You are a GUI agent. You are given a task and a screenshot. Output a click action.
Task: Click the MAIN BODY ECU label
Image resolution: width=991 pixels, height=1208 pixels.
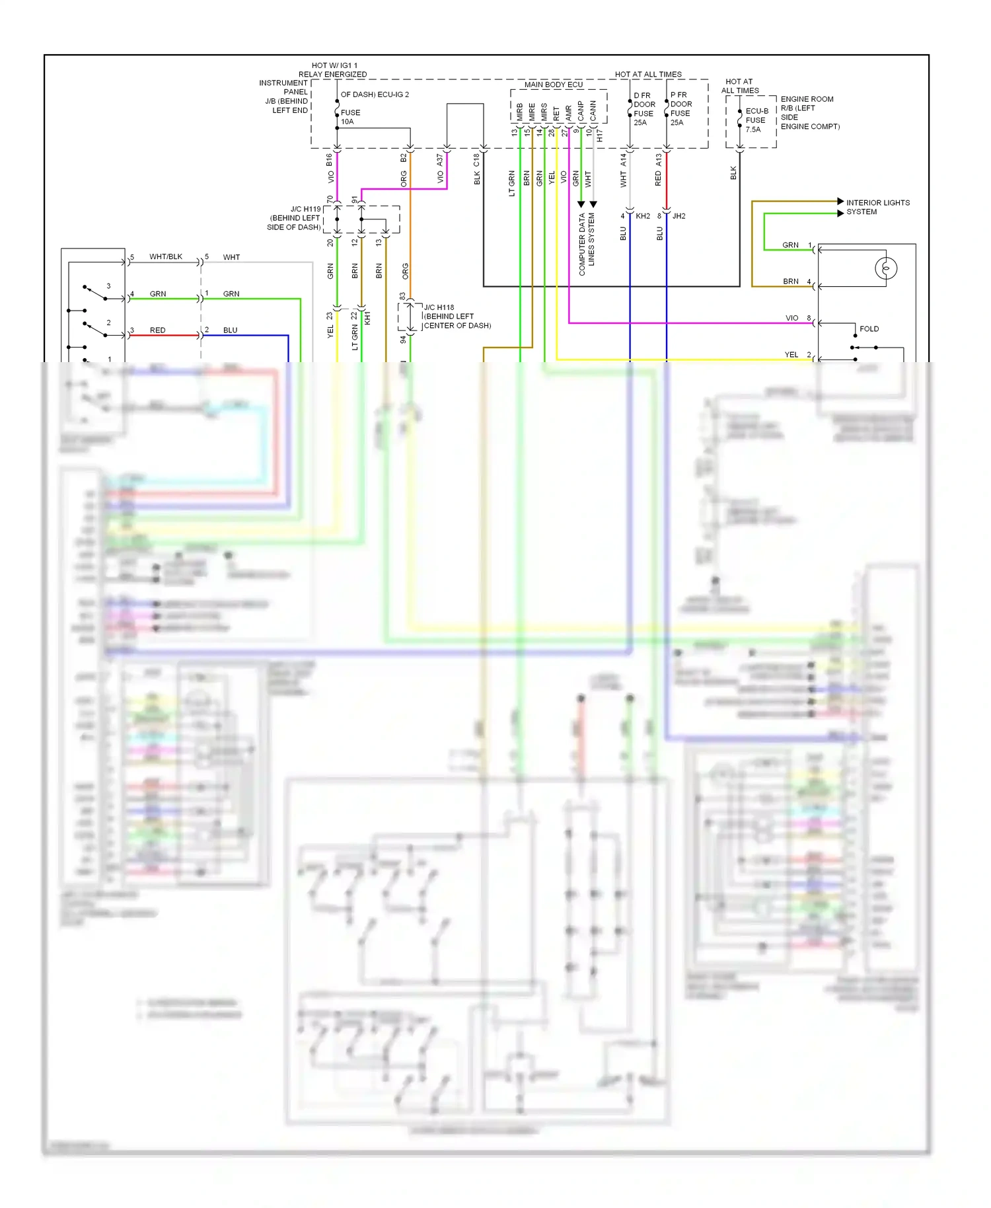coord(553,85)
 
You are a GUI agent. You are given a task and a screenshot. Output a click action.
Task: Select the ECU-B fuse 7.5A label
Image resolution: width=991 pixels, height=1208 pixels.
coord(755,120)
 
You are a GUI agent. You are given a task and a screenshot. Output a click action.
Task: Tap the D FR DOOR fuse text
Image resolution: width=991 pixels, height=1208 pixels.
coord(643,108)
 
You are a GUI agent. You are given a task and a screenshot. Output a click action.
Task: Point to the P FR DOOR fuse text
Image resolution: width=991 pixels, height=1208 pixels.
coord(680,108)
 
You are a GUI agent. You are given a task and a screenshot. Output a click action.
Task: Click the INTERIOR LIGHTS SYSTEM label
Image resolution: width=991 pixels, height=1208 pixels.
coord(877,207)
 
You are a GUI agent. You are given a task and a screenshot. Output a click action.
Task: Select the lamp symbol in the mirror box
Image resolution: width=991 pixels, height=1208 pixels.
coord(885,268)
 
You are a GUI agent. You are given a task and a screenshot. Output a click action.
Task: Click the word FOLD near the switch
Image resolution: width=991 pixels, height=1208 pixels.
coord(869,328)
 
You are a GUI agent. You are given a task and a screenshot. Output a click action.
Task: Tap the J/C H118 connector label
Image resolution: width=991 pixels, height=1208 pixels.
coord(457,317)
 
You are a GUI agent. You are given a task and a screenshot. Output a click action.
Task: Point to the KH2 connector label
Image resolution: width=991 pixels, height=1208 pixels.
coord(642,216)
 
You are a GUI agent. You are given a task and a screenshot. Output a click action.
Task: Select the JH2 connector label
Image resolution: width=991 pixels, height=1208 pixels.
coord(679,216)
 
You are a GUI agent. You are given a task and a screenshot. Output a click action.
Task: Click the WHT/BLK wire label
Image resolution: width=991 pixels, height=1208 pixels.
coord(165,256)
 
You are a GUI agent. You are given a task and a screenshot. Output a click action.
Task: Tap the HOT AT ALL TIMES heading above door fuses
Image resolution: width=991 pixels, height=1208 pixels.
coord(647,74)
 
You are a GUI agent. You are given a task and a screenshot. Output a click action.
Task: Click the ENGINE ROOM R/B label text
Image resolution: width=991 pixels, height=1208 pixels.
coord(809,112)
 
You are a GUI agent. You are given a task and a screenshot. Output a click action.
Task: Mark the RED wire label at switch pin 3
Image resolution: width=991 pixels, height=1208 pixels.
coord(157,330)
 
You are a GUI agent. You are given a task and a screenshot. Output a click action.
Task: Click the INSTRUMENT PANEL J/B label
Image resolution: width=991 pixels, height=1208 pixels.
coord(285,96)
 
